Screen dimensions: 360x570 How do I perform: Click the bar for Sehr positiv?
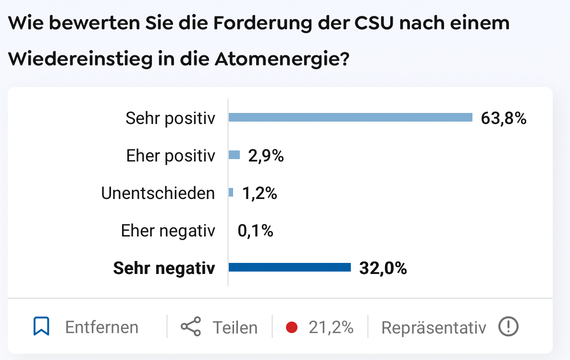click(x=350, y=117)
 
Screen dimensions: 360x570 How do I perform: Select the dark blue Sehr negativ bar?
click(x=289, y=267)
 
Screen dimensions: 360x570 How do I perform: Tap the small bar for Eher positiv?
click(x=234, y=155)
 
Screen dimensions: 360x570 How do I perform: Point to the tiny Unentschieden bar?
click(x=231, y=192)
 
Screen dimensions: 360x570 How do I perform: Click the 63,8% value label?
click(x=503, y=118)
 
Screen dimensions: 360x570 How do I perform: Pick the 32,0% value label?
click(x=383, y=268)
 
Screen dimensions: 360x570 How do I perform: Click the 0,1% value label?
click(x=255, y=231)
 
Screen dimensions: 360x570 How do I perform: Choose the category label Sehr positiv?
click(x=170, y=118)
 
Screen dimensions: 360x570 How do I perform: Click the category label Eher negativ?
click(x=168, y=231)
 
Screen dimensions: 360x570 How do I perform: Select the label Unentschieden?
click(x=158, y=193)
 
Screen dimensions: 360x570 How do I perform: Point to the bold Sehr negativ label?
click(x=164, y=268)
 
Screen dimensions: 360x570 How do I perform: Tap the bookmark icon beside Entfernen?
click(x=42, y=327)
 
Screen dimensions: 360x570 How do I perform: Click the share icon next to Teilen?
click(x=191, y=327)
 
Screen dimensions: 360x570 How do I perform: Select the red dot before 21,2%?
click(x=291, y=327)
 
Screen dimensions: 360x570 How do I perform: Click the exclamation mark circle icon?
click(x=508, y=327)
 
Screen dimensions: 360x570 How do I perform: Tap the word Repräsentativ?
click(x=434, y=327)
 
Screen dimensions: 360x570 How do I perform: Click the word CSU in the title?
click(x=367, y=23)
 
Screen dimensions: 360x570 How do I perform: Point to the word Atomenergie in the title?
click(x=280, y=59)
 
